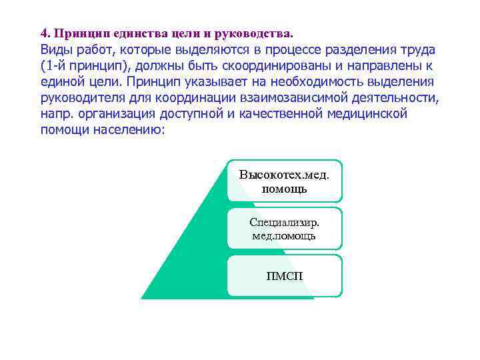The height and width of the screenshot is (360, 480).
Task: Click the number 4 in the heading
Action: [x=43, y=33]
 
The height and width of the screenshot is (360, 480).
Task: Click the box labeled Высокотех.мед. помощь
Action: [x=284, y=181]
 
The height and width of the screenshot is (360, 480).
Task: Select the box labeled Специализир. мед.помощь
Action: [x=284, y=228]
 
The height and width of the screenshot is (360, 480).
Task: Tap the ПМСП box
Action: [x=284, y=275]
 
